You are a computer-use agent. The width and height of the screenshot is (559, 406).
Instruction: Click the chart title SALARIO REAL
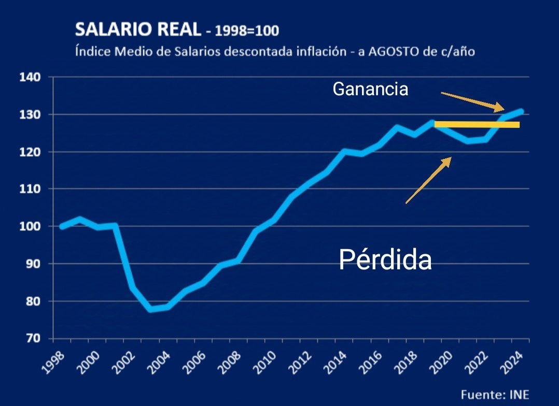click(x=137, y=30)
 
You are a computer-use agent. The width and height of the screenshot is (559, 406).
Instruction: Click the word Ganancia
click(x=370, y=90)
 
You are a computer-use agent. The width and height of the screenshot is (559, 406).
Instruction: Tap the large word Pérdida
click(x=385, y=260)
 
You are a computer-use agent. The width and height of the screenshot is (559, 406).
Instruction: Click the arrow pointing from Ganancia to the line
click(x=472, y=101)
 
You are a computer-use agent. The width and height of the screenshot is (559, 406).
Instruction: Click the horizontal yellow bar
click(x=477, y=124)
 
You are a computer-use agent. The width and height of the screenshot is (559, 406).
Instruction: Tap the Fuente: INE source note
click(x=495, y=395)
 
